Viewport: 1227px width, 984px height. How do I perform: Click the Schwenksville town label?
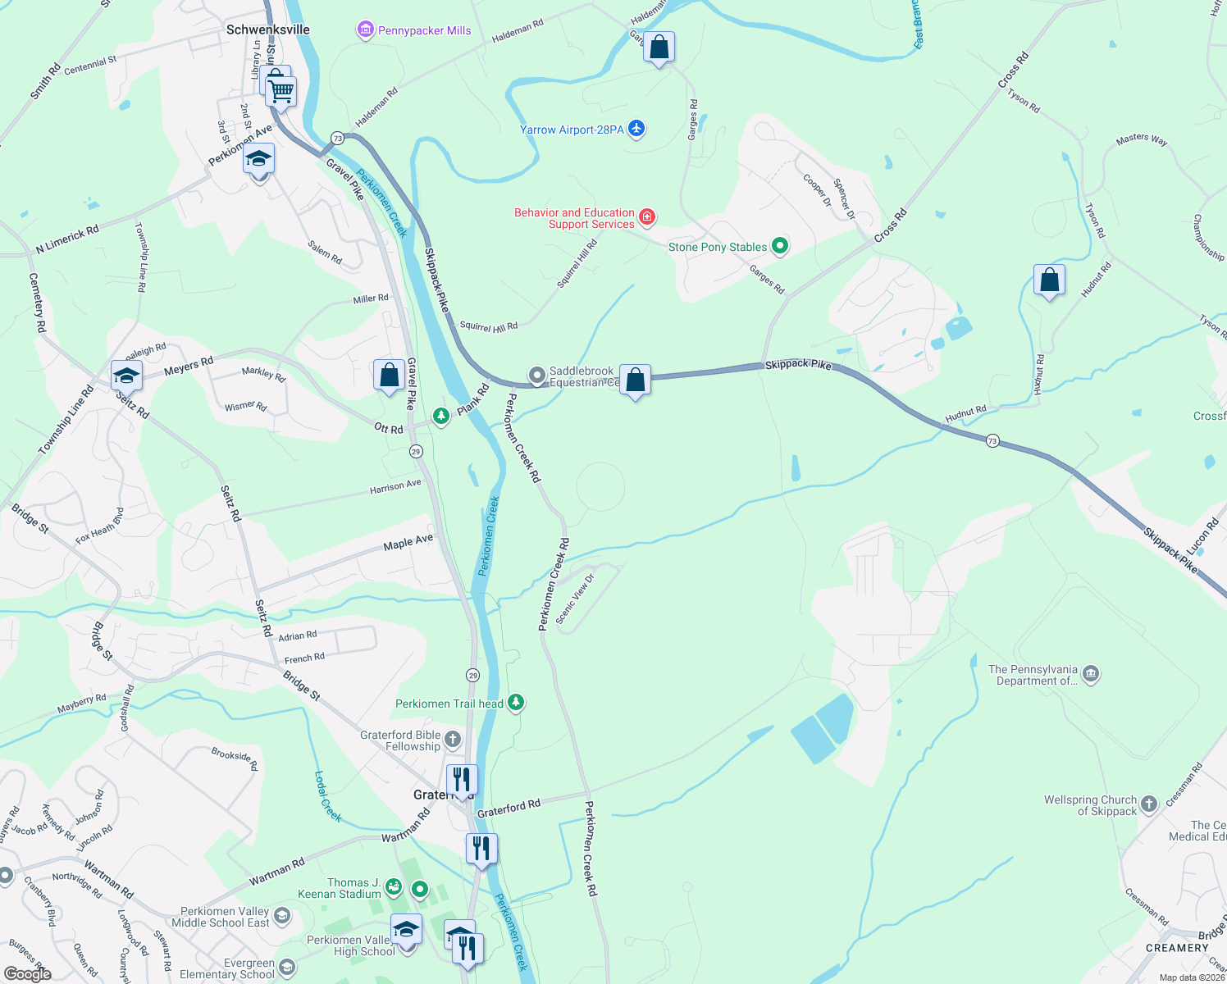click(267, 30)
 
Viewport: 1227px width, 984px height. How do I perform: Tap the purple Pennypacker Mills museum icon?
click(365, 30)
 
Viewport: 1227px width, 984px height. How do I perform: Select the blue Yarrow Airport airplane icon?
click(636, 129)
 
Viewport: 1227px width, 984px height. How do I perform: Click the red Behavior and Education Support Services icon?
click(647, 217)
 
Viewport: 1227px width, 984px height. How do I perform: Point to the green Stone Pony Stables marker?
click(780, 246)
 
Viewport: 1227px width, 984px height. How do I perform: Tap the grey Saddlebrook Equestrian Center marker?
click(537, 376)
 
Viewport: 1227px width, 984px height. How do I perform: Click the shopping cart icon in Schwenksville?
click(281, 92)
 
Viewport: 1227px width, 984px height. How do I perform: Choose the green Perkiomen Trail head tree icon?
click(516, 703)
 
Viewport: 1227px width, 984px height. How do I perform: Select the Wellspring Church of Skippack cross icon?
click(1149, 804)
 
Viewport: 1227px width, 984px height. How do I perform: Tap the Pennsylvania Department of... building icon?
click(1090, 675)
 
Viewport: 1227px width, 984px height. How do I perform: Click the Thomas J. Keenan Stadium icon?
click(394, 887)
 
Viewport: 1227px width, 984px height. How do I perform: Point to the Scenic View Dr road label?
click(574, 599)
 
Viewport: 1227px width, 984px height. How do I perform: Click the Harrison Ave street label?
click(395, 486)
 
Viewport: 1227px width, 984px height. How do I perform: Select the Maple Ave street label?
click(408, 542)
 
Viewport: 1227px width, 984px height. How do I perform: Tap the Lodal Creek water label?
click(328, 795)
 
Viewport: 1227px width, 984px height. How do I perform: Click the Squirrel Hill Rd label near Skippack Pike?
click(489, 326)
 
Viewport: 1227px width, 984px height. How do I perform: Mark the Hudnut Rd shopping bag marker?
click(1049, 280)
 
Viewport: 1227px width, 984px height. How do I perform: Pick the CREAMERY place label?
click(1177, 948)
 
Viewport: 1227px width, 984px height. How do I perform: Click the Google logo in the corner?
click(28, 974)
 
